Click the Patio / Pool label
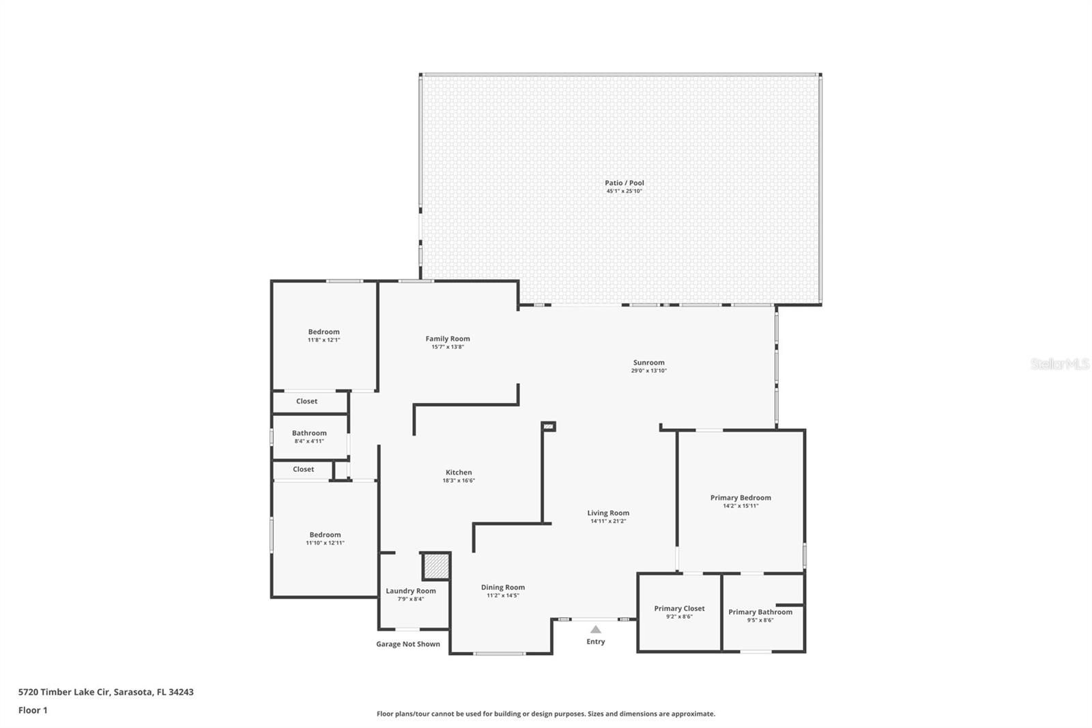click(x=624, y=183)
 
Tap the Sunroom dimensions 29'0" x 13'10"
click(x=649, y=371)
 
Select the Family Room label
click(x=448, y=339)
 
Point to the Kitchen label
click(x=459, y=473)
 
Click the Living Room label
click(x=608, y=513)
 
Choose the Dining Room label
click(x=502, y=587)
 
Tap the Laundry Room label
click(x=410, y=591)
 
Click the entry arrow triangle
click(x=596, y=630)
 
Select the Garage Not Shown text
click(x=408, y=644)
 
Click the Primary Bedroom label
click(x=741, y=498)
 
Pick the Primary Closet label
click(x=679, y=608)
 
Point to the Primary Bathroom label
click(x=760, y=612)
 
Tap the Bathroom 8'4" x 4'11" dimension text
click(x=309, y=441)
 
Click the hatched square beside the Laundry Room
click(x=436, y=566)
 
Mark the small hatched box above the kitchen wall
click(x=549, y=427)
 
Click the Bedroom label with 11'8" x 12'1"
click(x=324, y=332)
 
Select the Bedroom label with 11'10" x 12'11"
click(x=325, y=535)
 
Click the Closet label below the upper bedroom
click(x=306, y=401)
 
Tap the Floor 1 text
click(x=33, y=710)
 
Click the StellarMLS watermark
click(x=1060, y=364)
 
